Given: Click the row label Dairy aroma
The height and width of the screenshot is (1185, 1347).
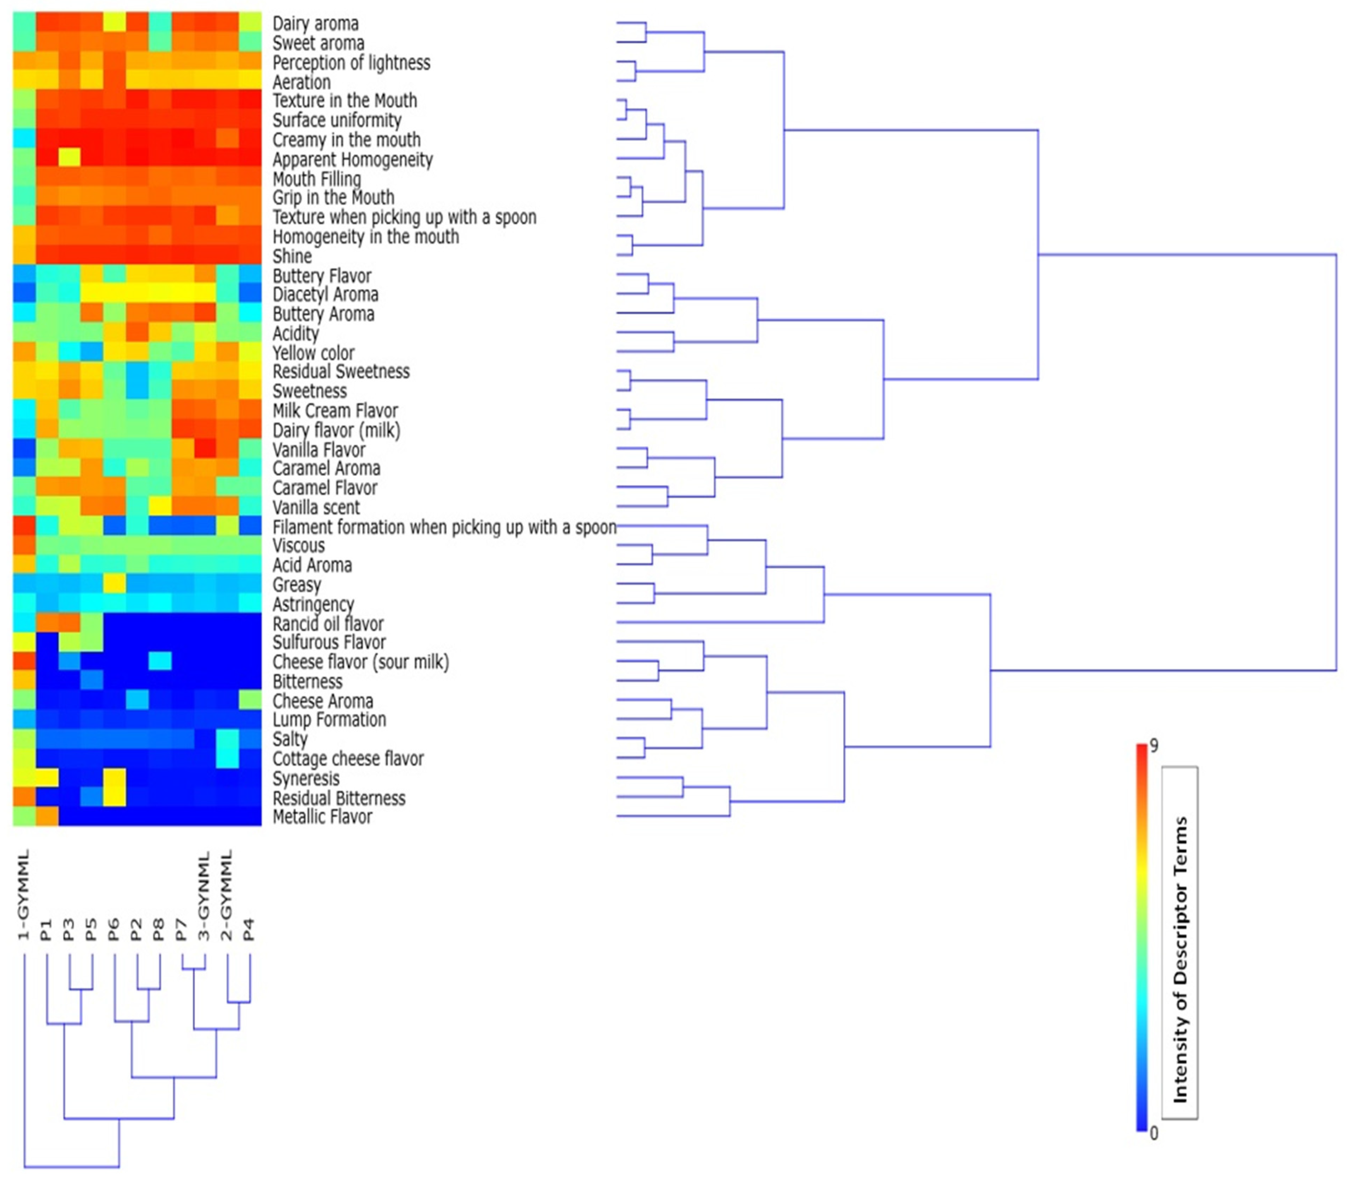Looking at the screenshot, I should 316,24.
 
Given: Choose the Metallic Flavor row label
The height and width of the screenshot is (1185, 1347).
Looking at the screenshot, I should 322,817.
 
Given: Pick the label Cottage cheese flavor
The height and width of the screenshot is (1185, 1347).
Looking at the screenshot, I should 348,759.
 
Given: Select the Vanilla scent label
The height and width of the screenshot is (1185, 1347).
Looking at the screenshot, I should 316,508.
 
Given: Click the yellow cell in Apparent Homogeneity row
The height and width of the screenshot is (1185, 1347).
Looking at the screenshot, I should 69,158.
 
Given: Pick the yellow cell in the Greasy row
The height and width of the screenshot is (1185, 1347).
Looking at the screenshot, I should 114,584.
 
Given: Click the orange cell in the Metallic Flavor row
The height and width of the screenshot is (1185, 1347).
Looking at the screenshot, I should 47,816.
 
